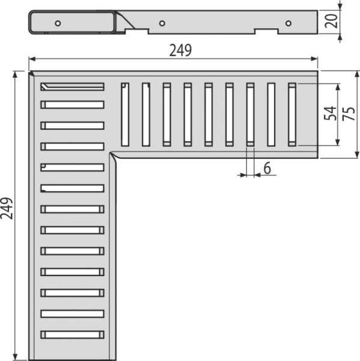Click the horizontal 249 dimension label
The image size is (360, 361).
[180, 50]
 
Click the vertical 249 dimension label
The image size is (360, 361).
[7, 208]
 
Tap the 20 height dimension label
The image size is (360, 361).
[331, 21]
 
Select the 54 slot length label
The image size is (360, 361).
[329, 113]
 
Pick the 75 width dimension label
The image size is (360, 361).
[348, 113]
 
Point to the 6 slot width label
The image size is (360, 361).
[267, 168]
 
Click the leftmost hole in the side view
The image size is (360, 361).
[58, 23]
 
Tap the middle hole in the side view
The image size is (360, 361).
[162, 23]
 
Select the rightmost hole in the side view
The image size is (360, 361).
[288, 23]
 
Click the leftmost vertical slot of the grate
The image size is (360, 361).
[125, 114]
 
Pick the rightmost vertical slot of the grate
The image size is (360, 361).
[292, 114]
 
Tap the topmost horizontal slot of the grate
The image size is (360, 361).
[72, 87]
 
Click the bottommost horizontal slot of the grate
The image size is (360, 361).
[72, 335]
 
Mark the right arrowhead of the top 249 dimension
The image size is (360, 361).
[314, 59]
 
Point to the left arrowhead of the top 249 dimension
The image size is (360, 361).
[32, 59]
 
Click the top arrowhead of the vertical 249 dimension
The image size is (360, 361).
[15, 75]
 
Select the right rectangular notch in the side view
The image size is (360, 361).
[266, 31]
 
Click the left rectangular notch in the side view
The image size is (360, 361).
[137, 31]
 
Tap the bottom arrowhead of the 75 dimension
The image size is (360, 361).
[357, 155]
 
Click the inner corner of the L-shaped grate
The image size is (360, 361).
[111, 152]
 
